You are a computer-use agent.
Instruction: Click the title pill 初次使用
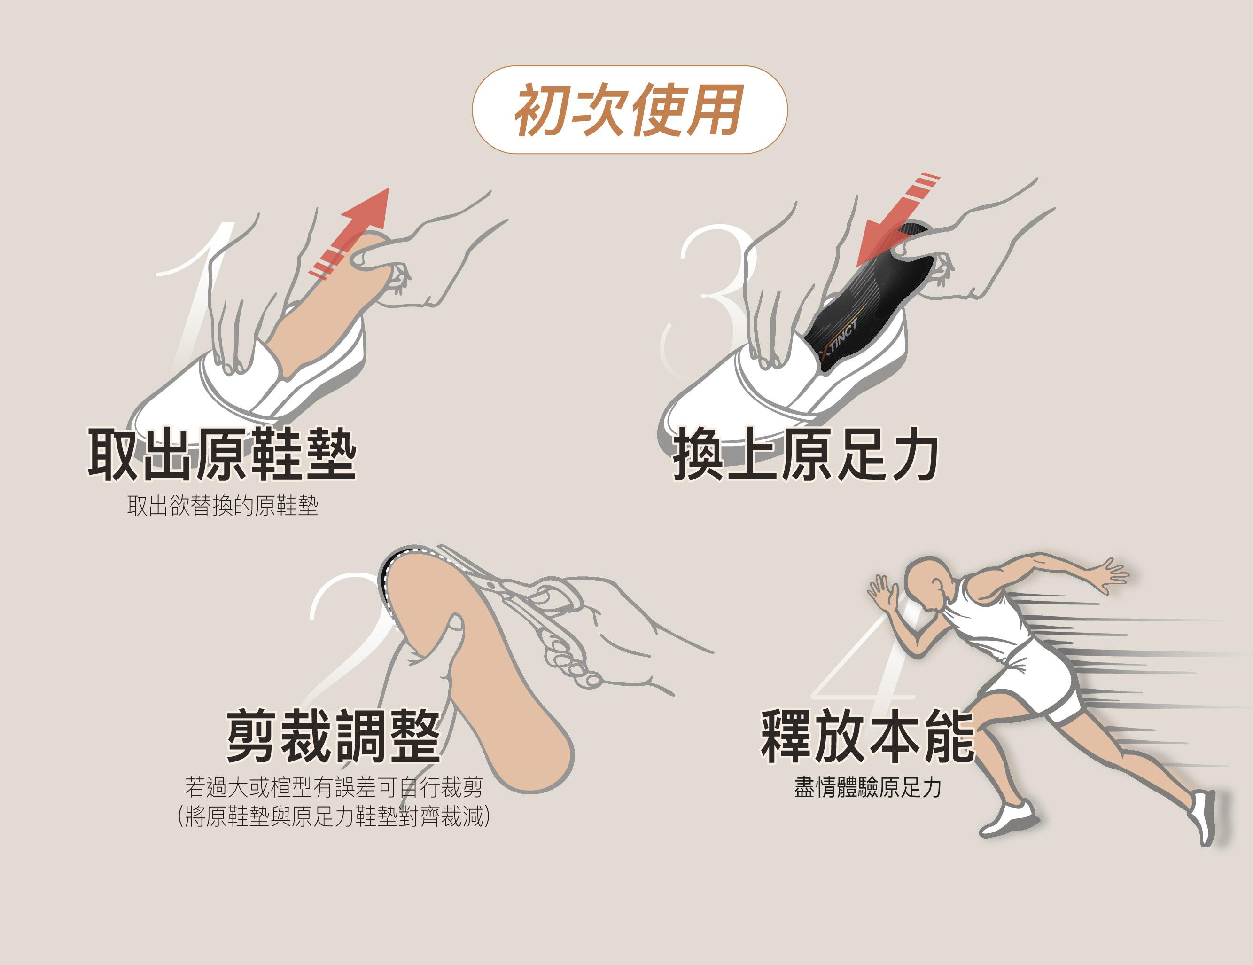click(x=630, y=110)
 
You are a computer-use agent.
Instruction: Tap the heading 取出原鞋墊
click(x=222, y=454)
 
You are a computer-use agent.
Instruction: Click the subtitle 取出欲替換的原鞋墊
click(x=223, y=506)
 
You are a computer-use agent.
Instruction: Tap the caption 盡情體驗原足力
click(x=867, y=788)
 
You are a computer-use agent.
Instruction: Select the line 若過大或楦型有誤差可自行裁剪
click(x=333, y=787)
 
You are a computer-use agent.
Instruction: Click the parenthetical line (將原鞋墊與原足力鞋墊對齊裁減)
click(x=334, y=817)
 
